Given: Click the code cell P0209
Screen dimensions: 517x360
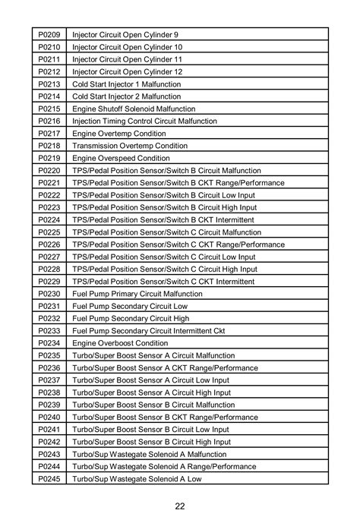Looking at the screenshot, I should point(49,35).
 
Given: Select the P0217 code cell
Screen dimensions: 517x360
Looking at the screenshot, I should point(49,133).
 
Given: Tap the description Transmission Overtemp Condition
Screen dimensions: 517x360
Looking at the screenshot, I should point(129,146).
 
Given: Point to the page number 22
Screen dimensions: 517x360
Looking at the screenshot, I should point(180,506).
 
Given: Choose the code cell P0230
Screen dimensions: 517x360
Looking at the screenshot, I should point(49,294).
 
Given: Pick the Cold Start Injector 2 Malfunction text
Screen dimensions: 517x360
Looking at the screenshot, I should point(126,96).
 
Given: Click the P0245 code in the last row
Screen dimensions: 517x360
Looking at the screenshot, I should point(49,479).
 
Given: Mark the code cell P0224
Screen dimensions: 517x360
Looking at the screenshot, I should point(49,219).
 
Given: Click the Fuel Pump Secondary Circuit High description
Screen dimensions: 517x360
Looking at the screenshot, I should point(131,319).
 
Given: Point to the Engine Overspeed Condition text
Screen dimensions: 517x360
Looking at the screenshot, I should point(121,158).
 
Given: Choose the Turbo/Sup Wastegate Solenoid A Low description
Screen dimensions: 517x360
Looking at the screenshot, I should point(137,479).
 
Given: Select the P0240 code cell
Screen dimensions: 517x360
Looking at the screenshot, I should point(49,418).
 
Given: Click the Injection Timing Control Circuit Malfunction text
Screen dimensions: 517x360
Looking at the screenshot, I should point(144,121).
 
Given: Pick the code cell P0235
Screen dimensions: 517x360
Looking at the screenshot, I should point(49,355).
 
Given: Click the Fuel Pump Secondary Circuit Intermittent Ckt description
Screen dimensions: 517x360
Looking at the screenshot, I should point(148,331).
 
